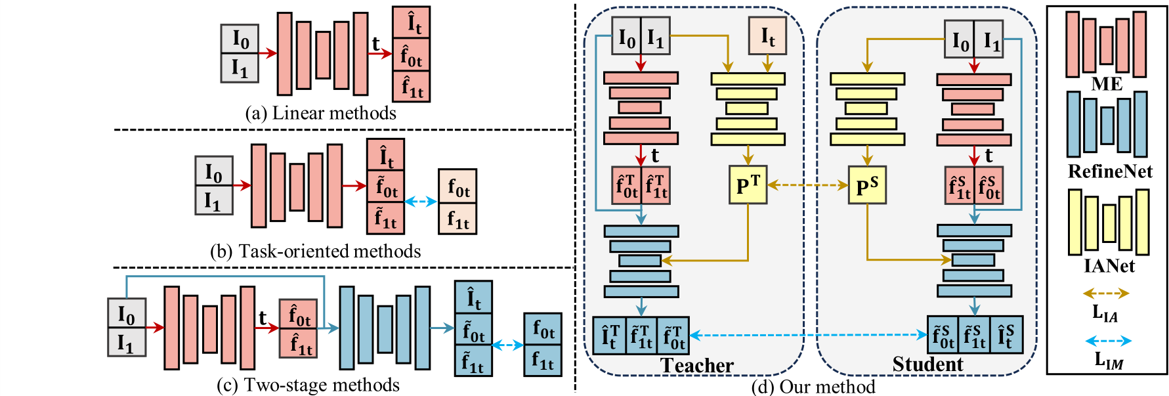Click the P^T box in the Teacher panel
tap(748, 185)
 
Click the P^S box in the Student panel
tap(867, 185)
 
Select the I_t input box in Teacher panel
tap(767, 36)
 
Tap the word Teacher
tap(696, 365)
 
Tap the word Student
tap(927, 364)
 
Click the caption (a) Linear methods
tap(320, 113)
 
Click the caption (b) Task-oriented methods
tap(316, 252)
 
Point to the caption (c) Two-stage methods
tap(308, 385)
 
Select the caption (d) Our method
tap(813, 387)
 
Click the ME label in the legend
tap(1107, 84)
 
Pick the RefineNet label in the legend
tap(1109, 171)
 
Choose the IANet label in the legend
tap(1109, 265)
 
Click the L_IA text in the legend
tap(1105, 313)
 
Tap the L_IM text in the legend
tap(1108, 360)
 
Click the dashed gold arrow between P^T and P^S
tap(807, 185)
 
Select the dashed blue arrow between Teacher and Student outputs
tap(807, 336)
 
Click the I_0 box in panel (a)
tap(240, 39)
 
